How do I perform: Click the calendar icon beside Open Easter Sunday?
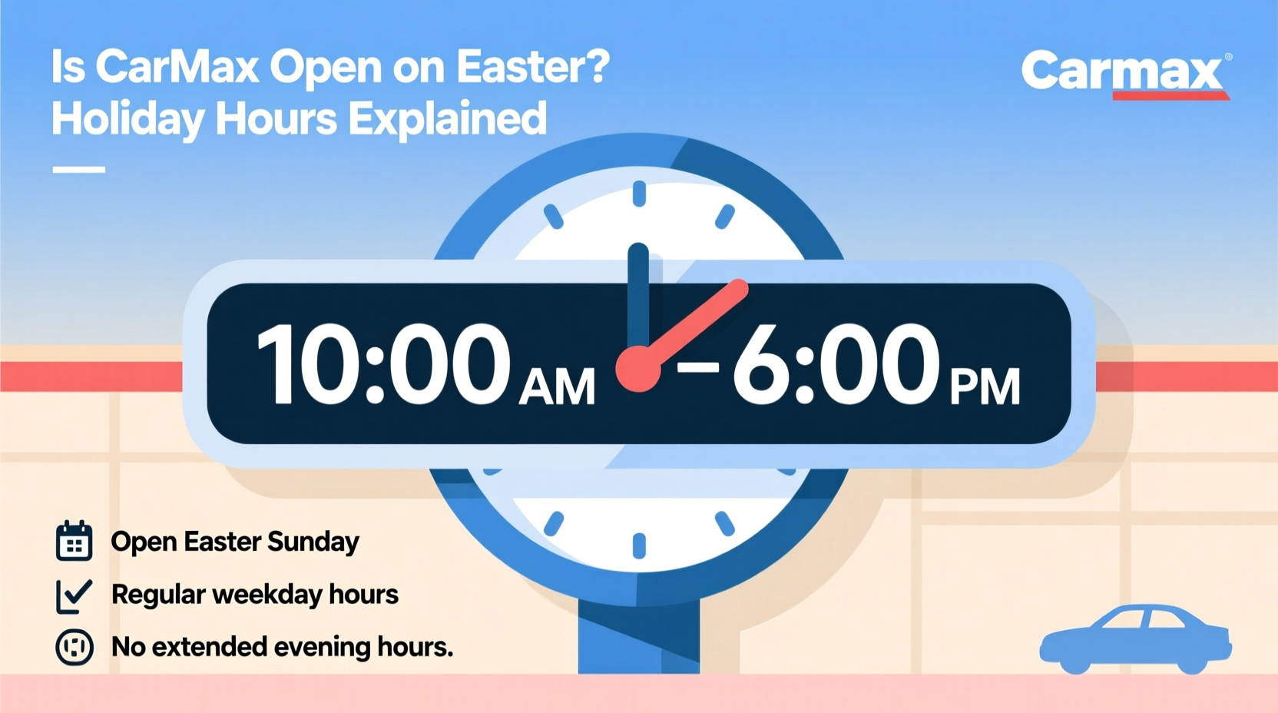click(74, 541)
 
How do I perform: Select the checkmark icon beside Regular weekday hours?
click(74, 595)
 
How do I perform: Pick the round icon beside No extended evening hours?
click(74, 647)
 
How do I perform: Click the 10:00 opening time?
click(383, 364)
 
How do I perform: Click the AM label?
click(557, 386)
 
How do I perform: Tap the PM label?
click(985, 386)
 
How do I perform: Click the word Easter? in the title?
click(533, 67)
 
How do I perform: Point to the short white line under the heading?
click(78, 170)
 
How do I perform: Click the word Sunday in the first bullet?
click(313, 542)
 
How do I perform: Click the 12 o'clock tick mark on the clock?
click(639, 194)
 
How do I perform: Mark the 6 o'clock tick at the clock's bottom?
click(639, 546)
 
